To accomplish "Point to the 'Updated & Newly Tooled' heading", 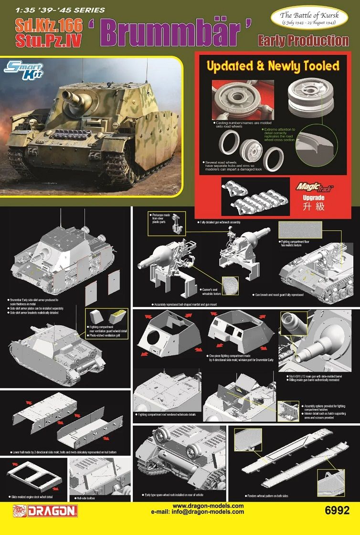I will click(x=273, y=65).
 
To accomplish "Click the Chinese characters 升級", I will click(x=321, y=207).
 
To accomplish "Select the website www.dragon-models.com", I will click(x=208, y=506).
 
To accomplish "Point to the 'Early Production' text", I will click(x=303, y=41).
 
